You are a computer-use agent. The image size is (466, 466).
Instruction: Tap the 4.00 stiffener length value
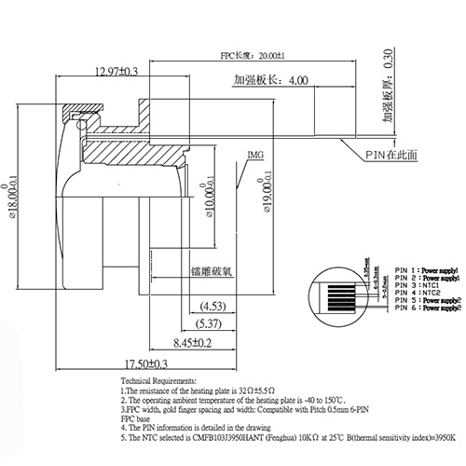[x=298, y=81]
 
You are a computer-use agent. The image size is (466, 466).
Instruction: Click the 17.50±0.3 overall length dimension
[x=140, y=363]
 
